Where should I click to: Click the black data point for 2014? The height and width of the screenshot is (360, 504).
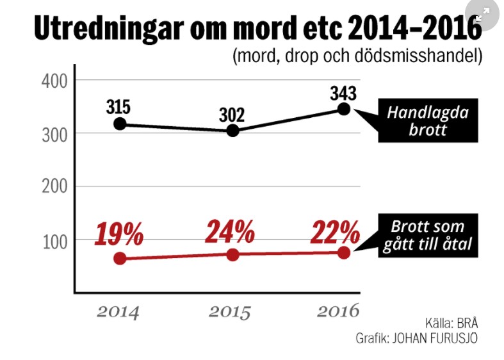[x=119, y=124]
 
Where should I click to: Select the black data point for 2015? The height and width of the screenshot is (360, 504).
[x=232, y=131]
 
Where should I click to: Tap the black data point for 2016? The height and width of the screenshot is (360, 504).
[x=344, y=109]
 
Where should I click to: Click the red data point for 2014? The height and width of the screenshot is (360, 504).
[x=119, y=259]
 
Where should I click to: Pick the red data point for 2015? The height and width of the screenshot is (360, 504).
[x=232, y=254]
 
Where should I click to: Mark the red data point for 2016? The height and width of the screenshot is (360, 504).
[x=344, y=252]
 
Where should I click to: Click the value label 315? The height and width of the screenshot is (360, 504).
[x=118, y=106]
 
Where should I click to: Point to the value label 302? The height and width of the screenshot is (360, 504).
[x=232, y=115]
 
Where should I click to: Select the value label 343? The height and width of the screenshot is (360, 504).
[x=343, y=92]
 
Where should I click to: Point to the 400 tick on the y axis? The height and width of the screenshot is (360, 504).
[x=49, y=81]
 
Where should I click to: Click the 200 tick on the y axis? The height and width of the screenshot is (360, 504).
[x=49, y=186]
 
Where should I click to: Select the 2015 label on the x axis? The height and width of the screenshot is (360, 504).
[x=230, y=312]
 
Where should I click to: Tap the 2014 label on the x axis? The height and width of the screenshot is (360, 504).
[x=118, y=312]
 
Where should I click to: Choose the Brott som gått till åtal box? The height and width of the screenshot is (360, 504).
[x=427, y=235]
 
